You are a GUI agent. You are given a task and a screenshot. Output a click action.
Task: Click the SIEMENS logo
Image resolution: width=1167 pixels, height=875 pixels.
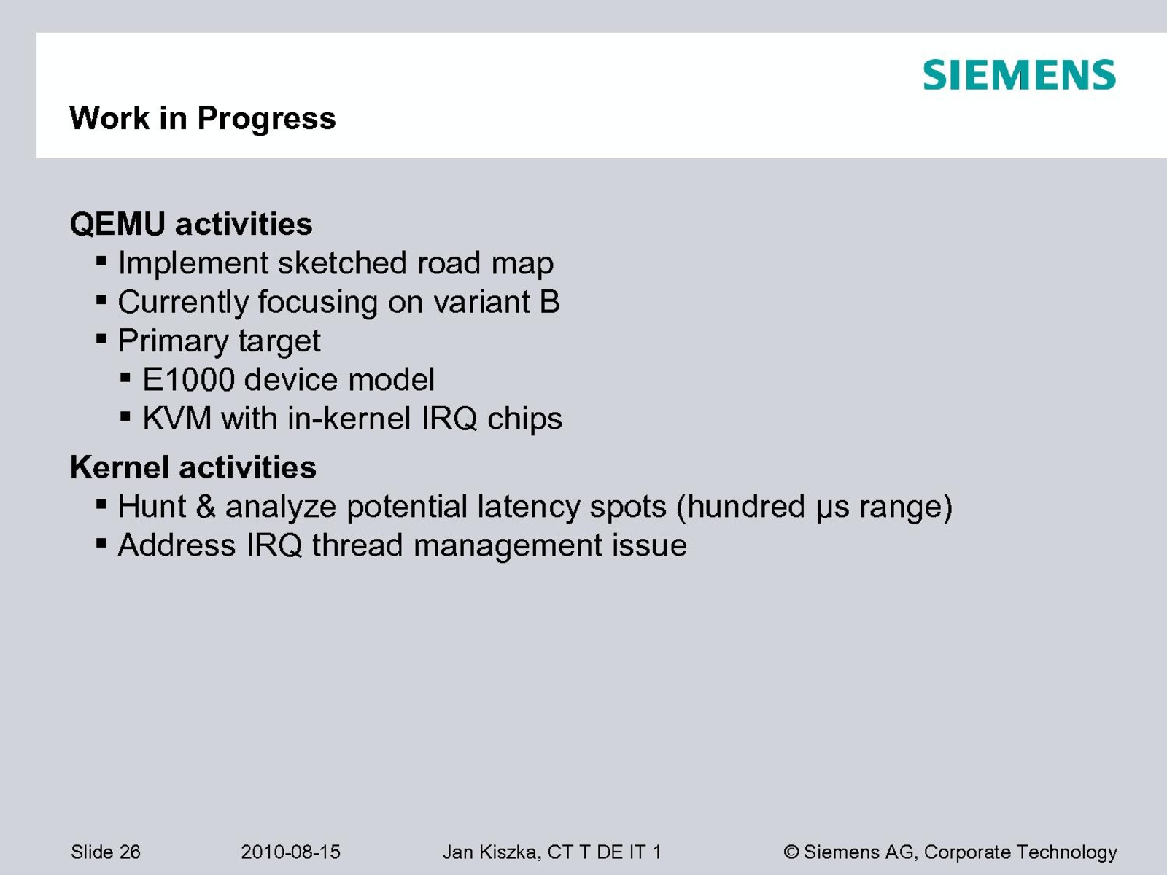tap(1019, 75)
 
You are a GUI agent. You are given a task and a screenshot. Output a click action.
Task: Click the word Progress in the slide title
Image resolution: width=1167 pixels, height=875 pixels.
tap(266, 119)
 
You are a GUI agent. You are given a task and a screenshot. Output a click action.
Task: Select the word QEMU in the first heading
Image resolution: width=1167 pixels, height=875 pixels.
tap(117, 224)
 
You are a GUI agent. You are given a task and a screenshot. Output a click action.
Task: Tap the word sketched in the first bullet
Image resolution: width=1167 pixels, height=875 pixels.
tap(342, 262)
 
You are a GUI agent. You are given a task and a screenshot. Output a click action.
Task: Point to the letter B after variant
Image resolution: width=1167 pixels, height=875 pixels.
tap(550, 302)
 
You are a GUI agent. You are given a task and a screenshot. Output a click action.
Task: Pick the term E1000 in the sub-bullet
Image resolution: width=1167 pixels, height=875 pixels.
tap(188, 379)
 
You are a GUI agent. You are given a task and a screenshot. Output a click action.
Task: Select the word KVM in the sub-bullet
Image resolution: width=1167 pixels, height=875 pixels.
tap(177, 418)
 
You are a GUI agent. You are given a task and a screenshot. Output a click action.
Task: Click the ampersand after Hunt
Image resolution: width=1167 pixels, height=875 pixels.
tap(205, 506)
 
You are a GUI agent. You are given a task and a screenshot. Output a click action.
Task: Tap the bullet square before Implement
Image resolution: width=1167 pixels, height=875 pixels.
tap(101, 261)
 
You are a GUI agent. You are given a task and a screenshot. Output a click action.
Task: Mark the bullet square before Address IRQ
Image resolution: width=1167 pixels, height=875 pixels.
tap(101, 543)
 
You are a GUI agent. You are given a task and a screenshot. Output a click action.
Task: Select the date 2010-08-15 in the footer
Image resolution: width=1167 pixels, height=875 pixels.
tap(290, 852)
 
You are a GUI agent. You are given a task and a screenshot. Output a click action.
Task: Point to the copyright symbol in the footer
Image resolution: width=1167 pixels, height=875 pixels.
tap(791, 852)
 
